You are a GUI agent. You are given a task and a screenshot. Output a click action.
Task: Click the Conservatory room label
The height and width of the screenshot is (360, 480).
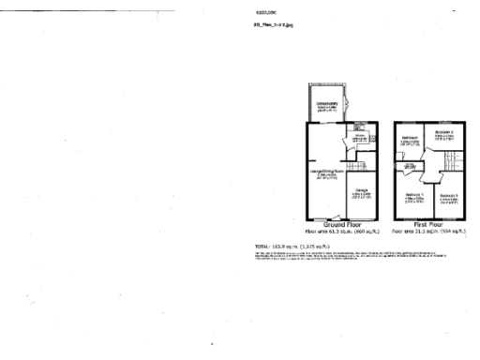(x=326, y=104)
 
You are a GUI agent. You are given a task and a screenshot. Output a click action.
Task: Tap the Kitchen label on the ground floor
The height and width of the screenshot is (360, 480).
(x=359, y=138)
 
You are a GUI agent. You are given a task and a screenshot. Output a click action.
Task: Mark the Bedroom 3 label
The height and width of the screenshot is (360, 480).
(x=448, y=196)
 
